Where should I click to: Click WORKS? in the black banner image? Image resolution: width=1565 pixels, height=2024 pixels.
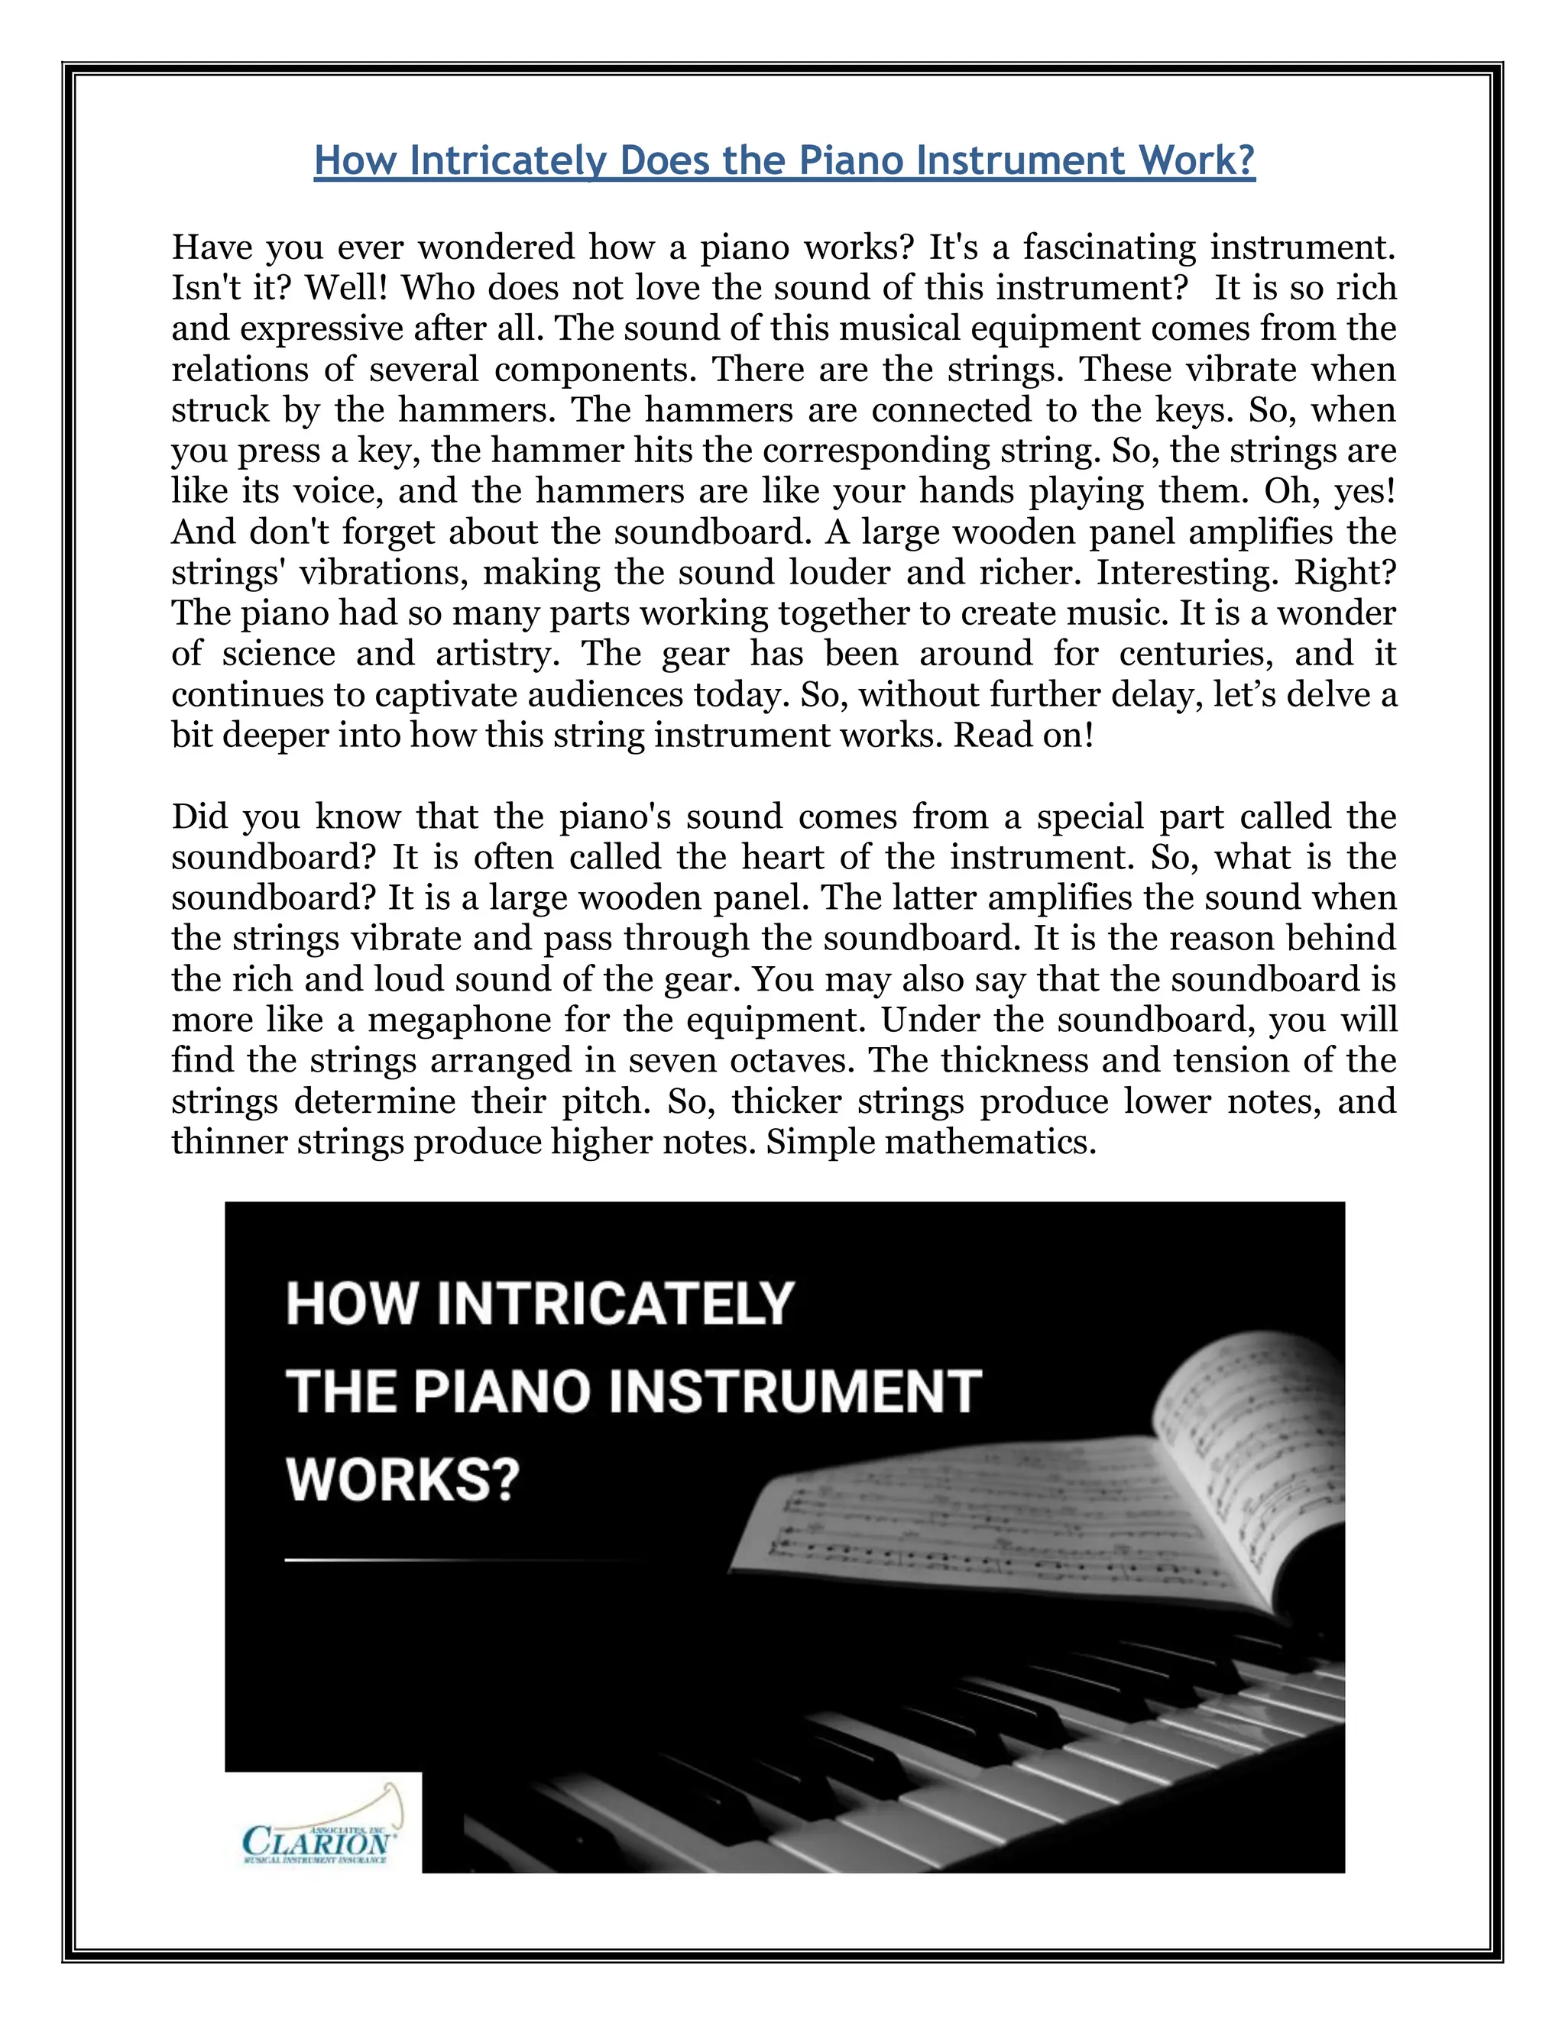click(403, 1480)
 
